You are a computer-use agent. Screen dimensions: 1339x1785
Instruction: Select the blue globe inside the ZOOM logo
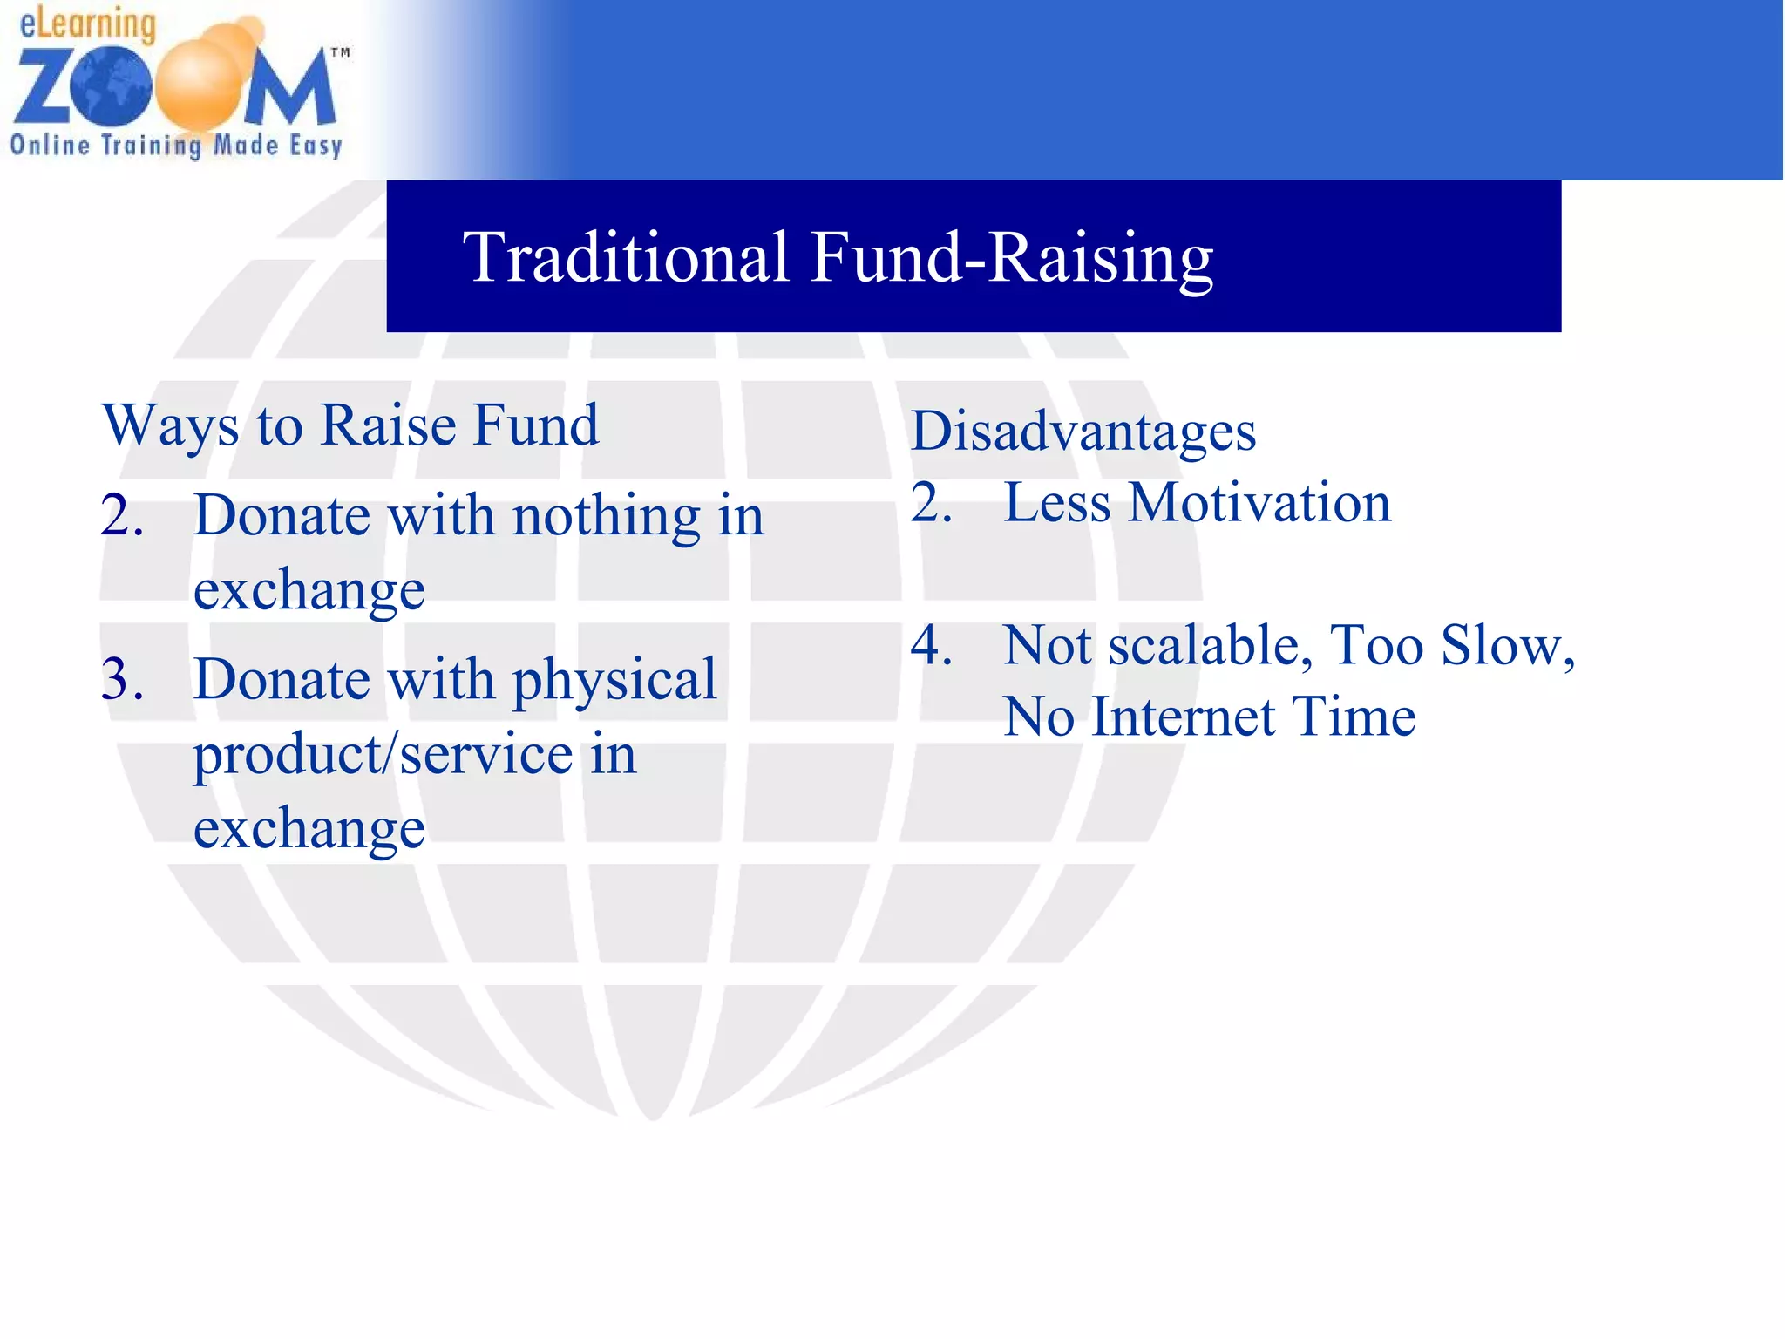112,85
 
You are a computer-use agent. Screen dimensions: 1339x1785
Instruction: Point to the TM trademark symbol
340,53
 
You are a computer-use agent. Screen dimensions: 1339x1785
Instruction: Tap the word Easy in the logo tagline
316,146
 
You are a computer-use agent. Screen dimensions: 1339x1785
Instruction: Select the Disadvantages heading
1083,432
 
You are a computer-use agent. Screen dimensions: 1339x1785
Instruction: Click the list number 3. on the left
122,679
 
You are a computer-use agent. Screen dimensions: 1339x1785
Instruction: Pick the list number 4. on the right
931,646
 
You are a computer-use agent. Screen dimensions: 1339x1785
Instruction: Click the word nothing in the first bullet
607,516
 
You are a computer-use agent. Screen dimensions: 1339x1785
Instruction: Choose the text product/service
383,754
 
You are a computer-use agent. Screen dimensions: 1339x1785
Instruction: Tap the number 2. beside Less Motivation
931,503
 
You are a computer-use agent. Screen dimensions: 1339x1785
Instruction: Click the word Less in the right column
1056,503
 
